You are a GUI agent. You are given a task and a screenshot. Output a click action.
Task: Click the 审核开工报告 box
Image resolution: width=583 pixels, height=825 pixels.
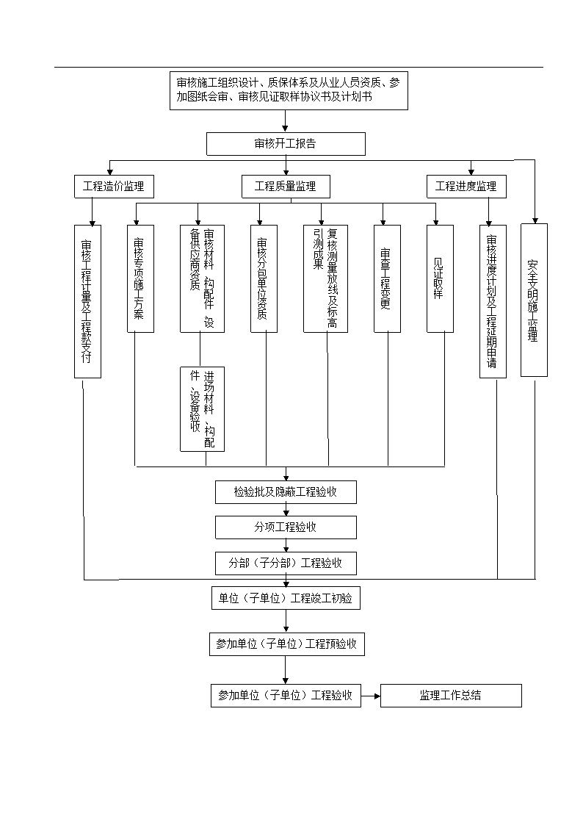click(x=286, y=144)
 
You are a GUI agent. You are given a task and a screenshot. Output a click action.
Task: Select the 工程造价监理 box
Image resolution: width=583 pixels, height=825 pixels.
click(x=114, y=187)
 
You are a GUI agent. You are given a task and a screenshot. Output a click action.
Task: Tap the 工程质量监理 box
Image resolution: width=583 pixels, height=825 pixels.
click(x=286, y=187)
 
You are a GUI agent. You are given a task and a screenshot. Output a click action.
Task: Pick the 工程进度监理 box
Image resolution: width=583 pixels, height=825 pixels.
click(x=466, y=187)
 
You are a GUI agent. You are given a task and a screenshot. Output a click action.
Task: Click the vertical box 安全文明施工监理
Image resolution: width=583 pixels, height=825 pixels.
click(x=534, y=300)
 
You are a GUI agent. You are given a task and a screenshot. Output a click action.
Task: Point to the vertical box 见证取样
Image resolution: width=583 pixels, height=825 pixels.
click(x=440, y=279)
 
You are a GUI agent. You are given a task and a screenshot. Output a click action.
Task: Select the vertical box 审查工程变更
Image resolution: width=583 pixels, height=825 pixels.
click(x=387, y=279)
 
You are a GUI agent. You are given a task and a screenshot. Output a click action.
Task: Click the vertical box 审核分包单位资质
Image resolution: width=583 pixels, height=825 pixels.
click(x=264, y=279)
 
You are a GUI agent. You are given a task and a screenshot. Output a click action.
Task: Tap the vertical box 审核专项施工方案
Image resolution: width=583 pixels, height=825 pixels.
click(x=140, y=279)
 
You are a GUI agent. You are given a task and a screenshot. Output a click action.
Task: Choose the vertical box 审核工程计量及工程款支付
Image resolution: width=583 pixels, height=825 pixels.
click(x=87, y=301)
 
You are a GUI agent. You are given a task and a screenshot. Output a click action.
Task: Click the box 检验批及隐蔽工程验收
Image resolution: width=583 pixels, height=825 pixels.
click(x=286, y=492)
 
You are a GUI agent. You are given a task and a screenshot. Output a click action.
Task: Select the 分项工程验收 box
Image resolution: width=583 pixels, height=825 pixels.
click(x=286, y=527)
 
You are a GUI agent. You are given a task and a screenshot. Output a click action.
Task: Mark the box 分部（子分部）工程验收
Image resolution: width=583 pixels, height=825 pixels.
click(x=286, y=563)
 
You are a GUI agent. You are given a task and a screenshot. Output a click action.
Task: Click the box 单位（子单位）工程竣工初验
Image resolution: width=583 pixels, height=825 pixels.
click(x=286, y=598)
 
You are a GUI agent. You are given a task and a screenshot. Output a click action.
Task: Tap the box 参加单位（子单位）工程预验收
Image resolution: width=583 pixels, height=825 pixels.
click(x=286, y=644)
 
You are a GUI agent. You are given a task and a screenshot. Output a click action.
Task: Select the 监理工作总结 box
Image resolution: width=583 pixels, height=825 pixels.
click(x=451, y=696)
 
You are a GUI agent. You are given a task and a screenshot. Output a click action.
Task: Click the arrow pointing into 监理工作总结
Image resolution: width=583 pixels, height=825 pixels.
click(x=371, y=696)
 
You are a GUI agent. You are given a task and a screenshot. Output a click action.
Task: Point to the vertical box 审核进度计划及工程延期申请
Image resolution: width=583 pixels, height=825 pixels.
click(x=493, y=301)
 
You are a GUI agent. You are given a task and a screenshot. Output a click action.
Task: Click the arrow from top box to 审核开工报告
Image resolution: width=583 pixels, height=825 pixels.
click(x=286, y=121)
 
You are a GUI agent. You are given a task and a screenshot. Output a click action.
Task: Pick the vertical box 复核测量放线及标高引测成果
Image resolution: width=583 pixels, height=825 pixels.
click(x=325, y=279)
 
